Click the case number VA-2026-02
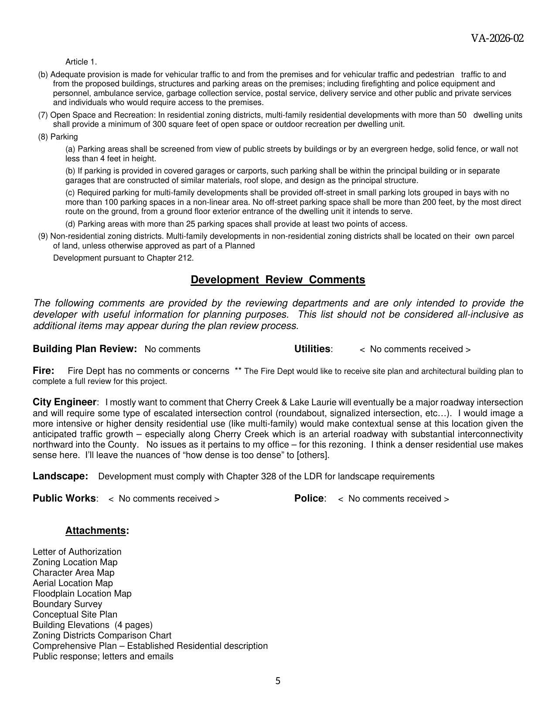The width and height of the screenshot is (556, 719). pyautogui.click(x=497, y=38)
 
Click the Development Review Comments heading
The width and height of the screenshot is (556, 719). pyautogui.click(x=278, y=280)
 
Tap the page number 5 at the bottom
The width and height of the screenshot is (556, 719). pyautogui.click(x=278, y=681)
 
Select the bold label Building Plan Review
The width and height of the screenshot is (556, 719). pyautogui.click(x=85, y=349)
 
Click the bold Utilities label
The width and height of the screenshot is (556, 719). pyautogui.click(x=312, y=349)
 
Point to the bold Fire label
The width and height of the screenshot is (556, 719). pyautogui.click(x=43, y=371)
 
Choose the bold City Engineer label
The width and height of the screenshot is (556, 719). pyautogui.click(x=64, y=402)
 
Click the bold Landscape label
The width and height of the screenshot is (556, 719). pyautogui.click(x=60, y=476)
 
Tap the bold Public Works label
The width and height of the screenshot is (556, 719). pyautogui.click(x=64, y=499)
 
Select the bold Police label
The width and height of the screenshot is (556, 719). pyautogui.click(x=309, y=499)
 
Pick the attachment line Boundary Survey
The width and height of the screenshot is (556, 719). pyautogui.click(x=67, y=604)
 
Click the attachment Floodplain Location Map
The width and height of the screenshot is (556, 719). pyautogui.click(x=82, y=594)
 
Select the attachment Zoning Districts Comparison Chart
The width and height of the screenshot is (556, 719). pyautogui.click(x=102, y=635)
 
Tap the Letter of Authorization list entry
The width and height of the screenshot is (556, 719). pyautogui.click(x=77, y=552)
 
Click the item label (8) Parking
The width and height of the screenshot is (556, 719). pyautogui.click(x=58, y=137)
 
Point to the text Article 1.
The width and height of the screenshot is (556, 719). pyautogui.click(x=81, y=62)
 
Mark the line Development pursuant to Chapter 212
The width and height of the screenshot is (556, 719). pyautogui.click(x=123, y=258)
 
